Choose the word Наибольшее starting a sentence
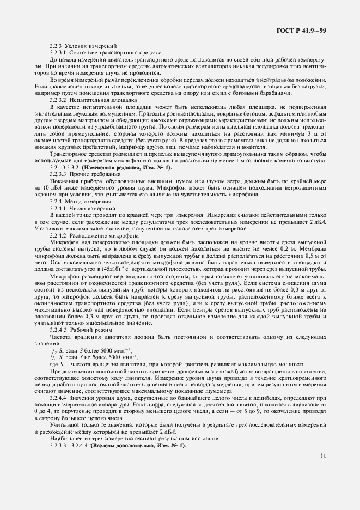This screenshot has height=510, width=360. (65, 439)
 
